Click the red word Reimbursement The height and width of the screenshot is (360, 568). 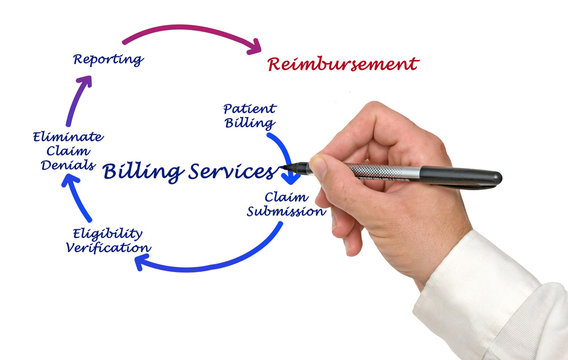click(x=342, y=65)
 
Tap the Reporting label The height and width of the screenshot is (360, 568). click(x=107, y=59)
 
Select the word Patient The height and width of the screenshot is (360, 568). click(x=249, y=108)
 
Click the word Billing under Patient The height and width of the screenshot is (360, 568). click(x=249, y=124)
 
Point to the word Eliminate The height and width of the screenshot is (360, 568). click(x=67, y=137)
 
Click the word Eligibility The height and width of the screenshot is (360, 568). click(x=107, y=232)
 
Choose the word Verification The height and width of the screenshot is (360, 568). click(x=109, y=247)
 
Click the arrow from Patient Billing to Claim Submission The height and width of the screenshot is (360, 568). click(x=284, y=156)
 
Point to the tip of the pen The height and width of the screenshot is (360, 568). click(x=287, y=167)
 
